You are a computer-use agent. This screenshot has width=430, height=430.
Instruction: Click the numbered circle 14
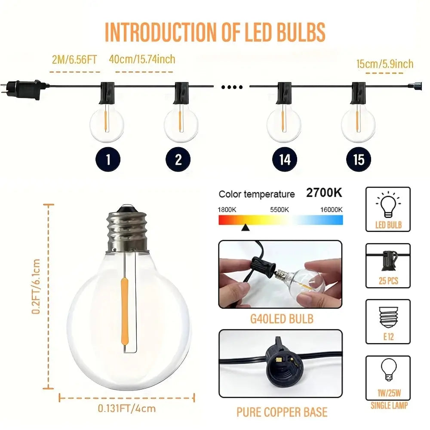pos(285,160)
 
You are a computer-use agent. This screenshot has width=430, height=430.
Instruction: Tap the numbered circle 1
pos(107,160)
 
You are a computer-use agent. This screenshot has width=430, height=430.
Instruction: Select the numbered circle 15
pos(359,160)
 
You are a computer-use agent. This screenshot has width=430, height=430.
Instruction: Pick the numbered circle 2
pos(178,160)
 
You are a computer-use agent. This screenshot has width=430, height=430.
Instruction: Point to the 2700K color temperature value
pos(324,193)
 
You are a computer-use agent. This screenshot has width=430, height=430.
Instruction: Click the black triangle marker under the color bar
pos(245,228)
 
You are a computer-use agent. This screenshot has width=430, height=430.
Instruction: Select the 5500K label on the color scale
pos(280,209)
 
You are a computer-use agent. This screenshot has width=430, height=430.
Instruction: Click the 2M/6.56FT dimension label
pos(74,60)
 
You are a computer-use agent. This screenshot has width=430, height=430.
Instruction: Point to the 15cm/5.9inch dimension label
pos(384,64)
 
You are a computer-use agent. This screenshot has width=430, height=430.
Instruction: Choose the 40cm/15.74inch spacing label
pos(142,59)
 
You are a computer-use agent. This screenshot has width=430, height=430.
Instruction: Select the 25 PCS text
pos(388,281)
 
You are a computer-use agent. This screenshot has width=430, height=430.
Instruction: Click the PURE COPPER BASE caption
pos(282,412)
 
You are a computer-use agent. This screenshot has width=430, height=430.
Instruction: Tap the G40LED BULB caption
pos(282,319)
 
